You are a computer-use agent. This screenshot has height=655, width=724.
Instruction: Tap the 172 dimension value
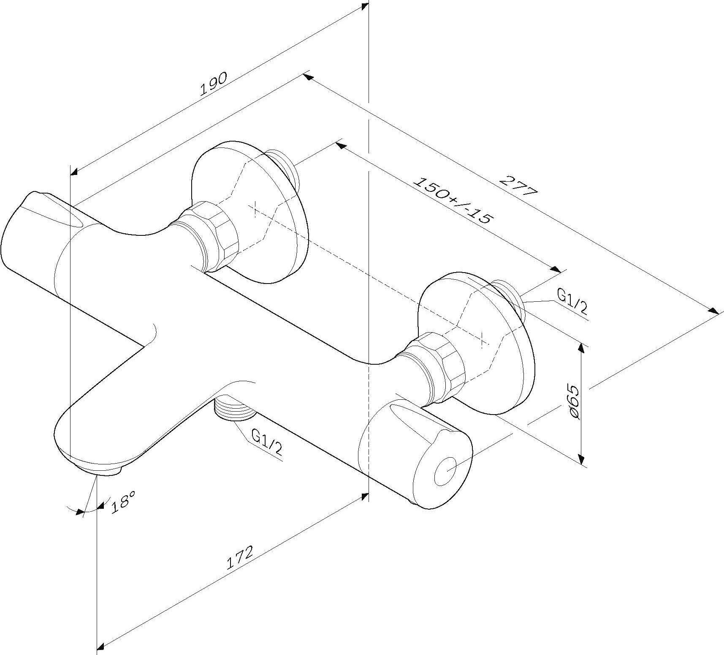point(239,558)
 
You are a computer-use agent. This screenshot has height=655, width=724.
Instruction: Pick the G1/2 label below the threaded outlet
point(267,442)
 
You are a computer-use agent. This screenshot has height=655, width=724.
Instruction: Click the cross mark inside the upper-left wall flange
point(255,210)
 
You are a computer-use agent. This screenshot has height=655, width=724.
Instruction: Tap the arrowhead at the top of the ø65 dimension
point(582,348)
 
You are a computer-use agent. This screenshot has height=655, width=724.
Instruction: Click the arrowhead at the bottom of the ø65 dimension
point(582,460)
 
